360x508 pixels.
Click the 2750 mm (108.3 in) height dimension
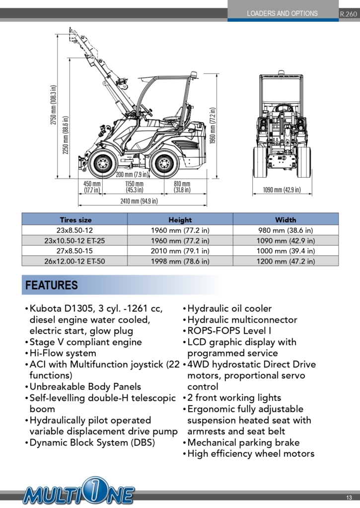coord(54,105)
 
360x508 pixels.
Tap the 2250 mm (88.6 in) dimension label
coord(66,135)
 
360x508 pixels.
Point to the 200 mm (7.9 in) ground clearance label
coord(132,175)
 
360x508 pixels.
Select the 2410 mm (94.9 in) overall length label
coord(139,201)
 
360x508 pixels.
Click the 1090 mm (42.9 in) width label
coord(282,190)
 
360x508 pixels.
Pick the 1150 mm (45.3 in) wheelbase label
coord(134,187)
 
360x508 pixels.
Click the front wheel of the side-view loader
coord(103,164)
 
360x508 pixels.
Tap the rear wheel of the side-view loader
coord(165,164)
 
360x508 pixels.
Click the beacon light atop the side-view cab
coord(194,74)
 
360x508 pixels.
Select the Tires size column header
coord(75,220)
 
